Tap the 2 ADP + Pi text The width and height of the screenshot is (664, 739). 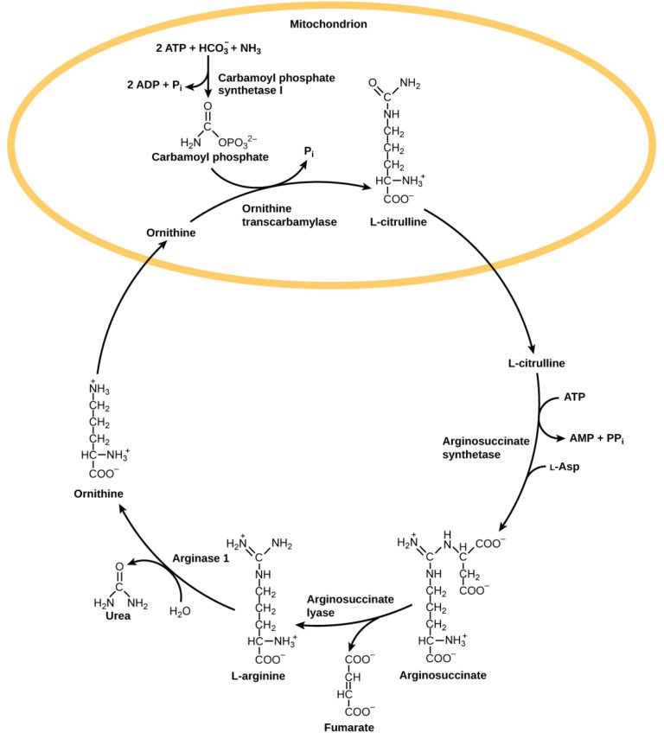[156, 85]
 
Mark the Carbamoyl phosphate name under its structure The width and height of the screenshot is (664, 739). [197, 157]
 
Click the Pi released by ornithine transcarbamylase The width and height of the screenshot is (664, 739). [308, 151]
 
